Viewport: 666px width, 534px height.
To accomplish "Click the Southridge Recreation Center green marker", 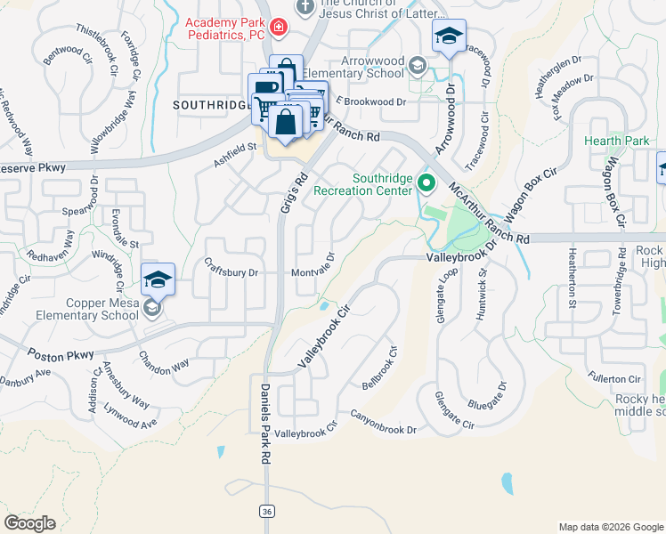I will point(426,185).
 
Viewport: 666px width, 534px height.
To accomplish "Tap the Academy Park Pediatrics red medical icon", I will point(279,28).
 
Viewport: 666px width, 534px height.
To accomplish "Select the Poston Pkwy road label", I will point(60,355).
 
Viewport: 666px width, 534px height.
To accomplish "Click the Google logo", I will point(29,523).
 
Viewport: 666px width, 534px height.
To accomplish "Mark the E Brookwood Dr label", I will point(370,102).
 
